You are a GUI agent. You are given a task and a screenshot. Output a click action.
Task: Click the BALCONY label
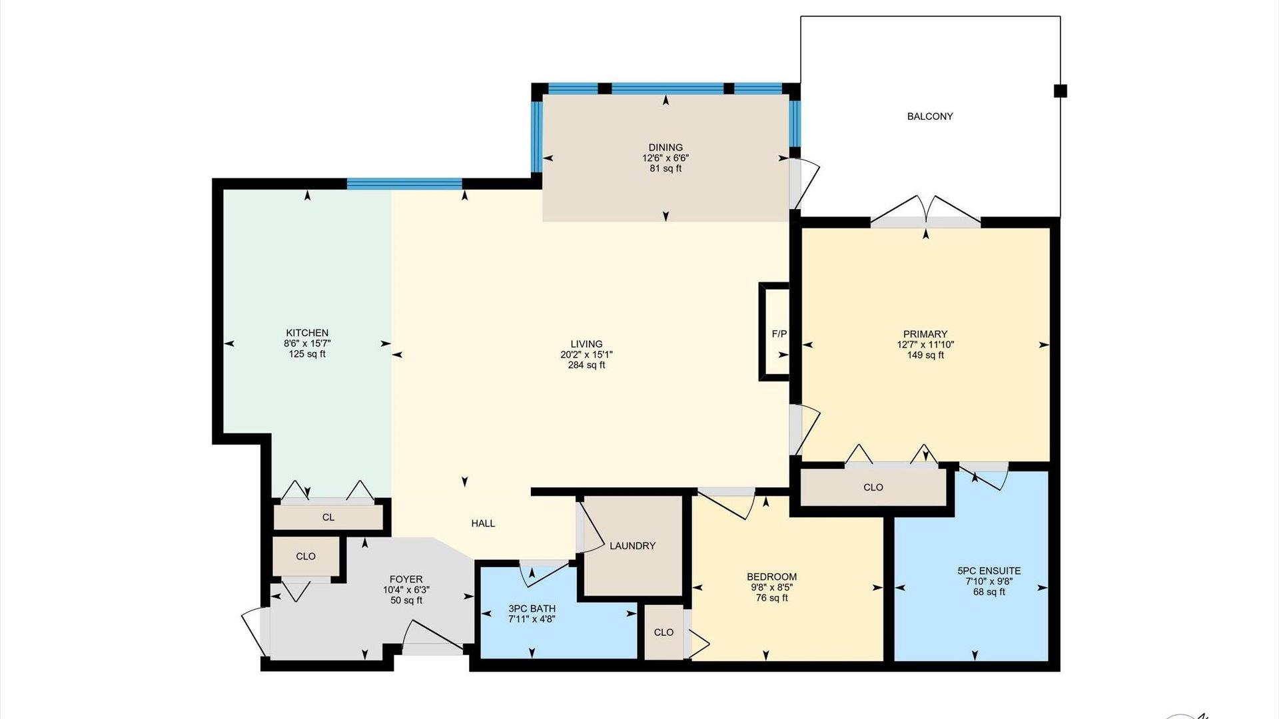click(930, 117)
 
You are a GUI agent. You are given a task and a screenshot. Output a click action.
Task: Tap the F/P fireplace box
click(774, 332)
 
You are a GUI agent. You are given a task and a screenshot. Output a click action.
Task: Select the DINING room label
click(665, 148)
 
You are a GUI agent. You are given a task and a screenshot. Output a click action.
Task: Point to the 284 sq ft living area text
click(586, 365)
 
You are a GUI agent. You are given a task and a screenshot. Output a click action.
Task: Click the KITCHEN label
click(307, 333)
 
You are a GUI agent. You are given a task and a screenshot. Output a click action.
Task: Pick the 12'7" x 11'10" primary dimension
click(925, 345)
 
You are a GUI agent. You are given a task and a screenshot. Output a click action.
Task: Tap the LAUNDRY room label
click(632, 546)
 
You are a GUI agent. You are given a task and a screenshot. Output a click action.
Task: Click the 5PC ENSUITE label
click(989, 571)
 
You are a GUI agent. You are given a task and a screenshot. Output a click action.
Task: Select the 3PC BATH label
click(532, 609)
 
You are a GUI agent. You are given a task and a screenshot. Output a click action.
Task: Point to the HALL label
click(483, 524)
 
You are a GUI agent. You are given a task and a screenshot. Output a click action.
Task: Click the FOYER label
click(406, 580)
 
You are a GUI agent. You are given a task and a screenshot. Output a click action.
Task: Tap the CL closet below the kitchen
click(328, 517)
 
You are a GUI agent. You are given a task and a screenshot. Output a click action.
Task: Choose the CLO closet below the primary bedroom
click(873, 487)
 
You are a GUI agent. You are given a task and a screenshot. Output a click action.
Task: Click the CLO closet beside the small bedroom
click(663, 632)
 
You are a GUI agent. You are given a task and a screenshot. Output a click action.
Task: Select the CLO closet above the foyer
click(306, 557)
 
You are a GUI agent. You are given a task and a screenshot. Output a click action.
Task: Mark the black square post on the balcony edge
click(1060, 91)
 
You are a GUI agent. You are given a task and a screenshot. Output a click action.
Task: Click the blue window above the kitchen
click(404, 184)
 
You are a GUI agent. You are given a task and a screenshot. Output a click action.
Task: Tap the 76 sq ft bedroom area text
click(771, 599)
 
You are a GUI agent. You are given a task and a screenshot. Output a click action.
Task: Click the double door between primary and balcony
click(925, 212)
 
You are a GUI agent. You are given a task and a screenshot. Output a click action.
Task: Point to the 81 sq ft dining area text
click(665, 169)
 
